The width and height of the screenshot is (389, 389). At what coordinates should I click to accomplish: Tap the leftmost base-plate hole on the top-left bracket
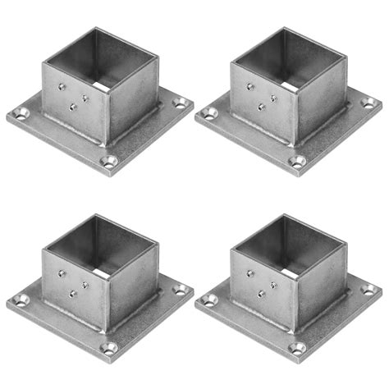coord(22,112)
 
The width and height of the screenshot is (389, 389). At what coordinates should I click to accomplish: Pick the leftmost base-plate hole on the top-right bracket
coord(211,112)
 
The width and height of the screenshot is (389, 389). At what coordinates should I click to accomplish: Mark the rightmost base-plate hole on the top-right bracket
coord(368,103)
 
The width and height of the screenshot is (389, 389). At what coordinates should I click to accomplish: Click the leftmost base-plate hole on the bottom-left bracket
coord(22,299)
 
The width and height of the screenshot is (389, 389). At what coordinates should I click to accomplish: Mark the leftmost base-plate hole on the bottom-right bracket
coord(211,299)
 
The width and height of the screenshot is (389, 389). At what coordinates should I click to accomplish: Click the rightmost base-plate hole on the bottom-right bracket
coord(368,291)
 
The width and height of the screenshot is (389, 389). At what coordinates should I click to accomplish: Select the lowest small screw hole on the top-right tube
coord(262,107)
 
